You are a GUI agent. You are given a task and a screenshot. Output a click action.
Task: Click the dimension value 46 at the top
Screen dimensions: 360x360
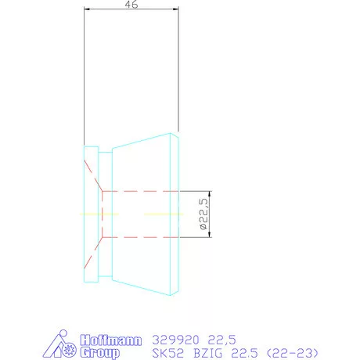[131, 5]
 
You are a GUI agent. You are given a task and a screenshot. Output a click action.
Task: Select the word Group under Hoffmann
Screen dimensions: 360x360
[100, 353]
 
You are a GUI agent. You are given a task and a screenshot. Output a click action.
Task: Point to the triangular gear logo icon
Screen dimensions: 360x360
[66, 346]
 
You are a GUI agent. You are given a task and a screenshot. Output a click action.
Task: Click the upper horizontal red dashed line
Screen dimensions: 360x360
[141, 190]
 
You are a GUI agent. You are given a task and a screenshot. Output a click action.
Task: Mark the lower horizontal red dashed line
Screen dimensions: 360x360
[141, 237]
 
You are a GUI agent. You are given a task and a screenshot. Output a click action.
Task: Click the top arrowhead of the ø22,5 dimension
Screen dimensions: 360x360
[210, 193]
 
